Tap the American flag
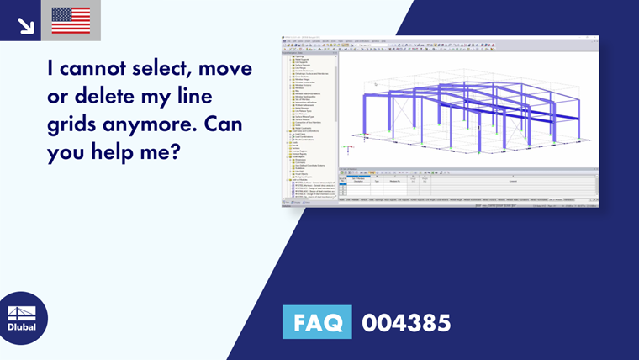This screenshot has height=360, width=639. [71, 21]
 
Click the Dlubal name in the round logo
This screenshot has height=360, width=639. [23, 327]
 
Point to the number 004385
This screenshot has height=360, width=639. [406, 322]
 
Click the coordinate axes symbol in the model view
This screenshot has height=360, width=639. [345, 149]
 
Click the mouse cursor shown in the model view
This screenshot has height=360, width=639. [375, 83]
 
